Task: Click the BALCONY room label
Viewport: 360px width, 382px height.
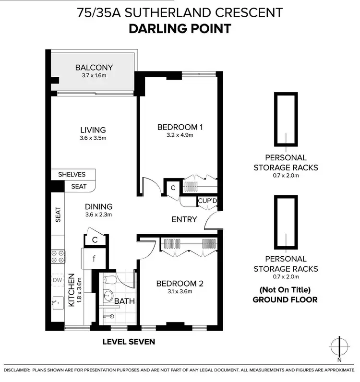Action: (94, 68)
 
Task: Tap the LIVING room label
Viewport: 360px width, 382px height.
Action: (93, 130)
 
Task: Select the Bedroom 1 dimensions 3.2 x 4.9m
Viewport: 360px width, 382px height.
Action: (180, 136)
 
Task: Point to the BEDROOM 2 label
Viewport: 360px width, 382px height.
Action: (180, 284)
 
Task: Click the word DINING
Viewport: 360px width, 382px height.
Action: (99, 207)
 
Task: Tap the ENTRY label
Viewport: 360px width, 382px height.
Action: (184, 219)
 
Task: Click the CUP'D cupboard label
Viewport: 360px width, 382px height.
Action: (207, 202)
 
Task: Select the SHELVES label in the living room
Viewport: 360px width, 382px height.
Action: (72, 174)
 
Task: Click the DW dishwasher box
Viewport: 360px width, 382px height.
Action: (58, 280)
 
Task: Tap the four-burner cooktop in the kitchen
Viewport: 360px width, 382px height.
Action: (58, 257)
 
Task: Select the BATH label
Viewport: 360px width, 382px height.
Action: (124, 301)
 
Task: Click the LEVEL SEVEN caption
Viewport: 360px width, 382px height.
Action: (129, 342)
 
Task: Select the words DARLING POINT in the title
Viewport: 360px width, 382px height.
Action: (180, 28)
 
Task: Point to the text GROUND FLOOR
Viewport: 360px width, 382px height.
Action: (286, 299)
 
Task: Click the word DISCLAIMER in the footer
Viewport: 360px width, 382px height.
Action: (17, 370)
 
